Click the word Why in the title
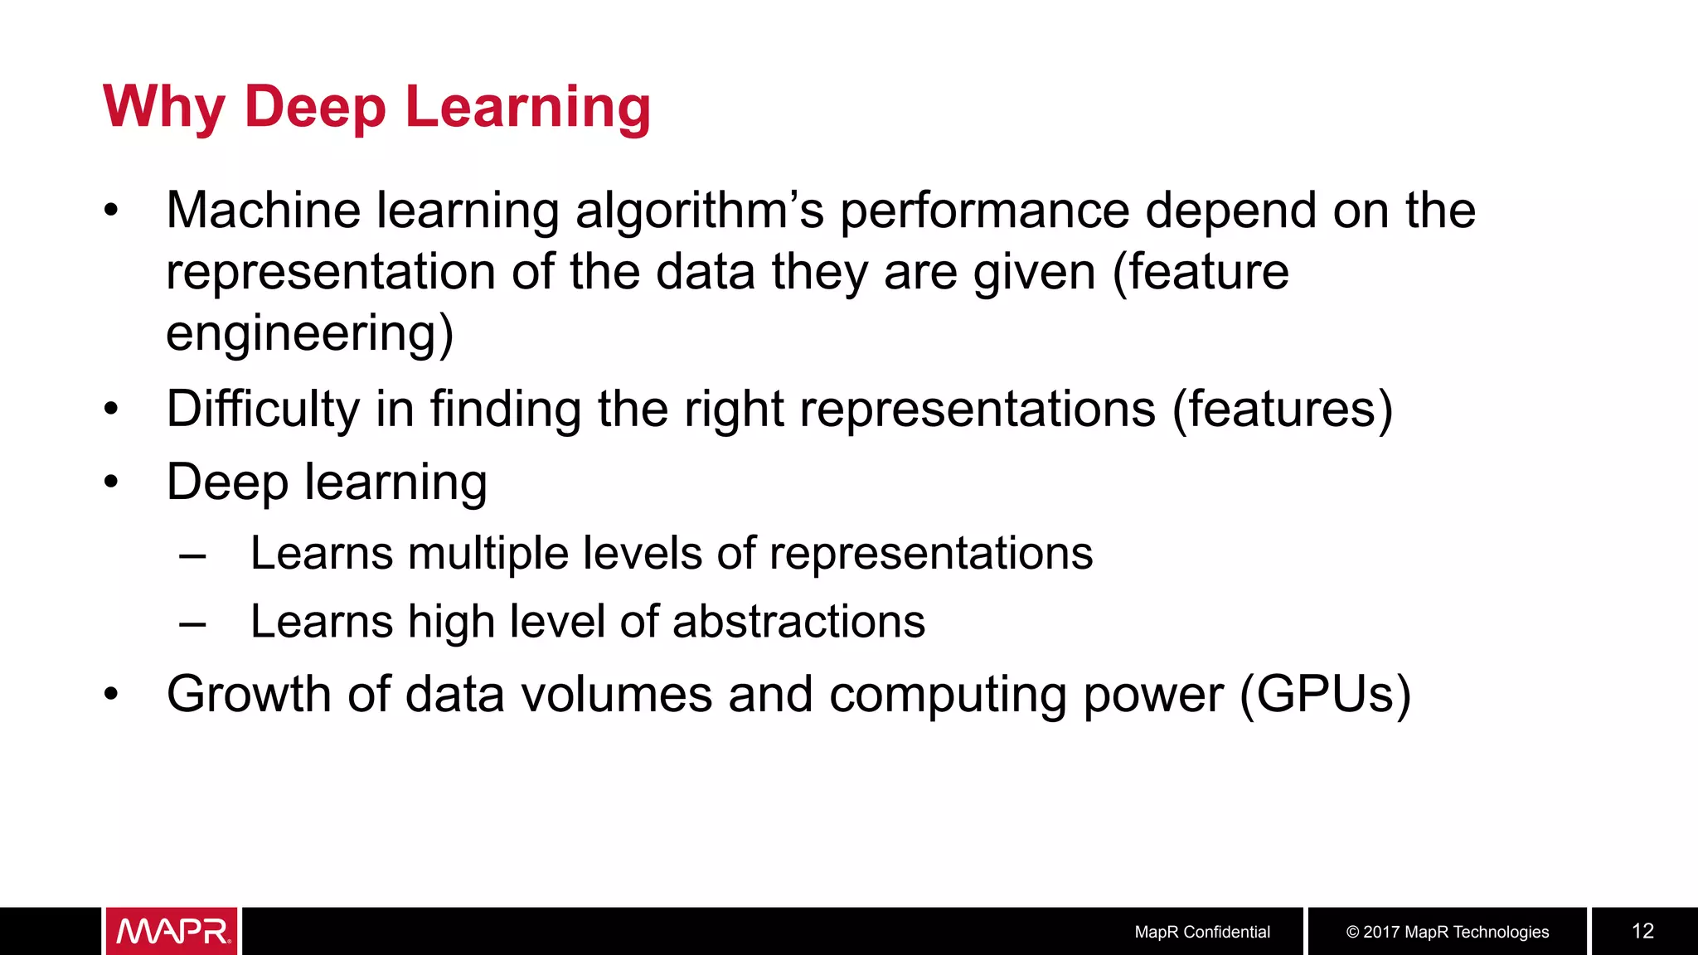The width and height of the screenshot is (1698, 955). [x=163, y=107]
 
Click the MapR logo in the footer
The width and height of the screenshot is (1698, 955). [x=172, y=931]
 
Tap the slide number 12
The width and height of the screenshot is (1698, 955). [x=1642, y=931]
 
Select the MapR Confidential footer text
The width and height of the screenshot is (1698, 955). [x=1201, y=932]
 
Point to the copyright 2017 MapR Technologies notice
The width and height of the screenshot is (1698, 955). [x=1447, y=932]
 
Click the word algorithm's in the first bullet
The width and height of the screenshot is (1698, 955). [x=700, y=211]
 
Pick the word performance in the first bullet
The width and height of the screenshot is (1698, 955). [x=985, y=211]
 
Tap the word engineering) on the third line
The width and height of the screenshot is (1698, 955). [x=309, y=333]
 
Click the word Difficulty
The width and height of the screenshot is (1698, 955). [x=263, y=409]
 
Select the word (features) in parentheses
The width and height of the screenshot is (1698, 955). [x=1282, y=409]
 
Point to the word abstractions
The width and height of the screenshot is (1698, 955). [x=798, y=622]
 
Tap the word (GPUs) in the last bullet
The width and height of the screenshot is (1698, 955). [x=1324, y=694]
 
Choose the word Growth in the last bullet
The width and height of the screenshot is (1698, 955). [x=249, y=694]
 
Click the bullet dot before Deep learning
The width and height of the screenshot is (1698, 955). [x=112, y=482]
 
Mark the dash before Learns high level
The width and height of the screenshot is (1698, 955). [x=192, y=623]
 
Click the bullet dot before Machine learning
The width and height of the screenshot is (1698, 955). [x=112, y=211]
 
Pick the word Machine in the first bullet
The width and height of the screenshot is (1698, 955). [x=263, y=211]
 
